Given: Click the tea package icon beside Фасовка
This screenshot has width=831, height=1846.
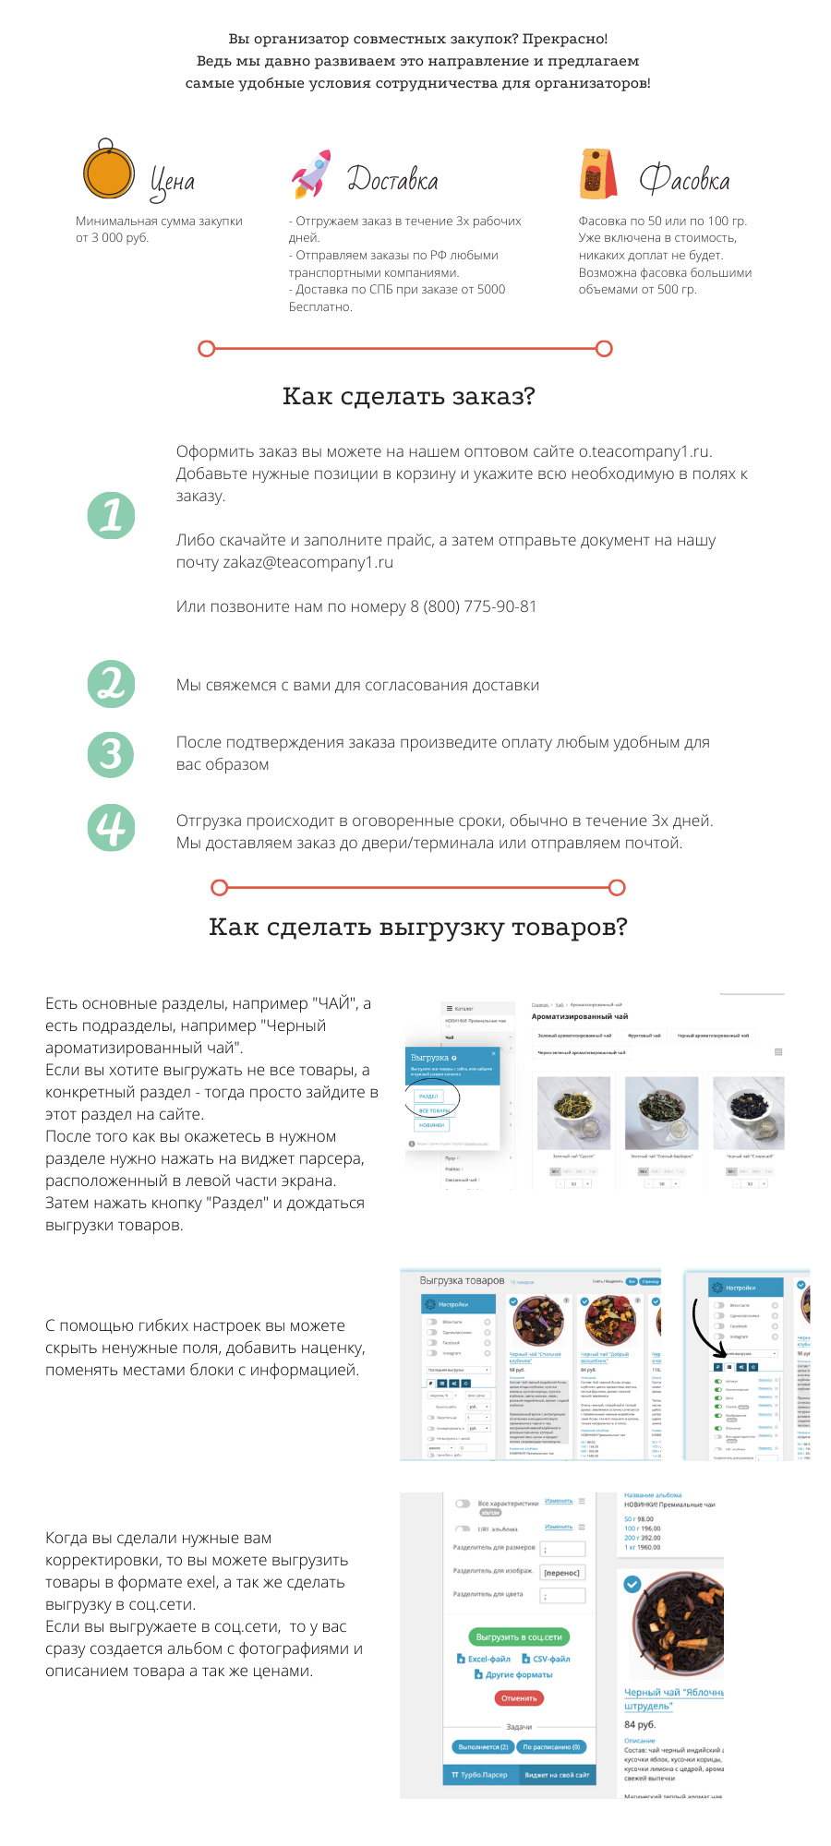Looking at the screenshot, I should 598,174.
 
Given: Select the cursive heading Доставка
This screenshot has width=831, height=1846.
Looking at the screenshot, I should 392,179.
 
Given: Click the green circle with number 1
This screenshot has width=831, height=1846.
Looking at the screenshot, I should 111,515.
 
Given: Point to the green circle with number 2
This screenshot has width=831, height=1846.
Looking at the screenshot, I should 111,684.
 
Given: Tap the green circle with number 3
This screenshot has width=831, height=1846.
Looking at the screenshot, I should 111,754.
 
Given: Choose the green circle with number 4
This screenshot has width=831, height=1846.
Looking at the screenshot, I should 111,827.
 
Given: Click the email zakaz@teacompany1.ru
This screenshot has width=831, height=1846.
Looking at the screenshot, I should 308,562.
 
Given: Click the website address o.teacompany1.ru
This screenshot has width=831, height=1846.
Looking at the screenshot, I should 644,451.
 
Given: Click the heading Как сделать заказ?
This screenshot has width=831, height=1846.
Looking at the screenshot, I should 408,396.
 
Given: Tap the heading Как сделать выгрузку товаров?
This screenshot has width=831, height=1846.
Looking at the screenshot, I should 417,927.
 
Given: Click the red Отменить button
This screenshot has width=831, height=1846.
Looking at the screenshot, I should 519,1697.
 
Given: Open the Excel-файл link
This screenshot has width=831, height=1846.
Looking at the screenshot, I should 485,1659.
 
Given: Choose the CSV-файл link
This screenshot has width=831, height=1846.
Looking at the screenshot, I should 547,1659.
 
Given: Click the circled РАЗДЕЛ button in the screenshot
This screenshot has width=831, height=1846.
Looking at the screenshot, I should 428,1096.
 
